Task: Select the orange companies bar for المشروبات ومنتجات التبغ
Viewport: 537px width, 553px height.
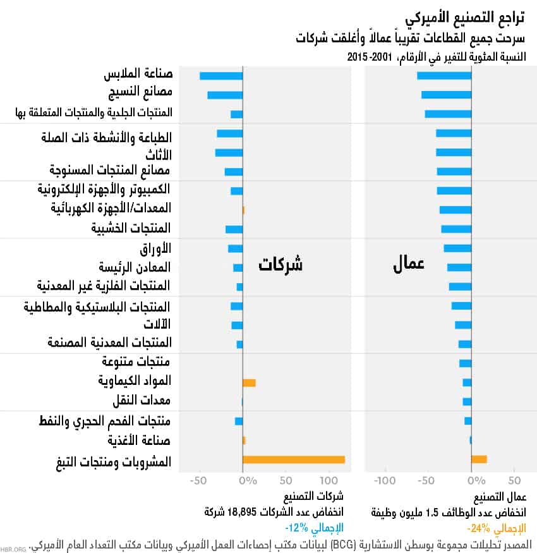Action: (x=294, y=459)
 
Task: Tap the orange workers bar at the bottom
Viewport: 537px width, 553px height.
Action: (x=479, y=459)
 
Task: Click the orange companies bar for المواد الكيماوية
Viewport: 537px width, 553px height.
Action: (x=249, y=382)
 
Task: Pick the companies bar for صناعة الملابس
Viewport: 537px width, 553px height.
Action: (x=221, y=76)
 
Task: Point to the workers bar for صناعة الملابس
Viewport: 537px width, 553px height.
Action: (x=444, y=76)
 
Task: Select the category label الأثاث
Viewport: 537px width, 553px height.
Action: (x=158, y=154)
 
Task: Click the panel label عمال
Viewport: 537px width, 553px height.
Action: (x=409, y=265)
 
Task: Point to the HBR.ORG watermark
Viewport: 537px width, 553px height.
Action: (x=13, y=548)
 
